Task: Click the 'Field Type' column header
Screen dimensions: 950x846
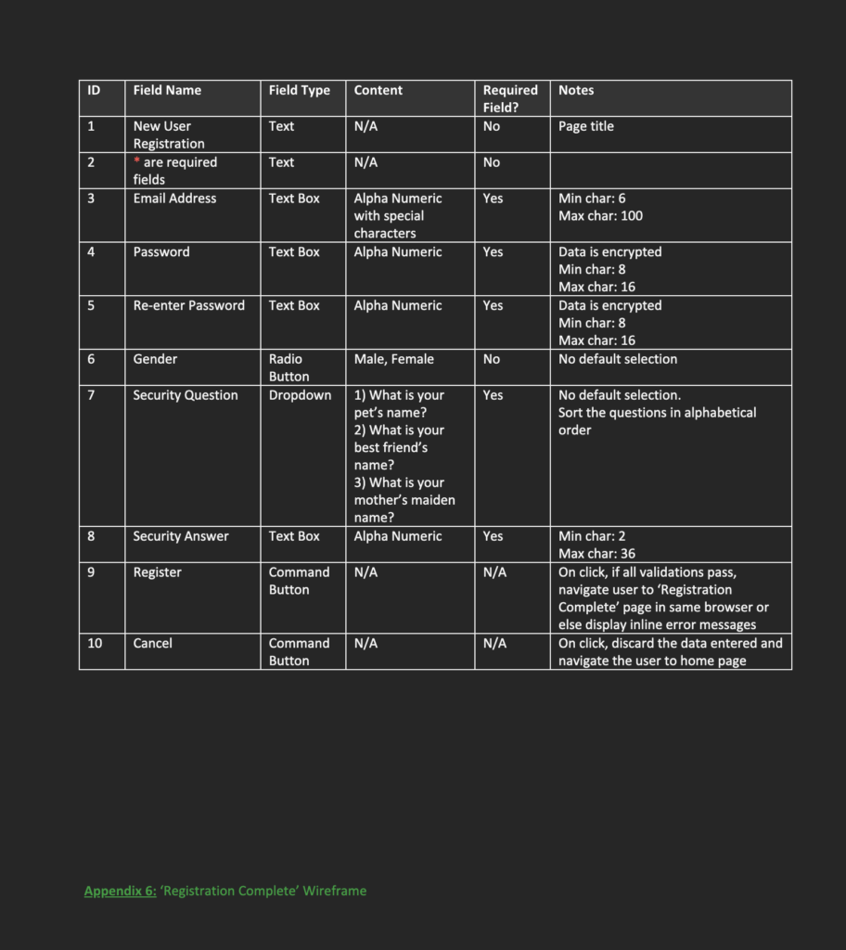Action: (299, 90)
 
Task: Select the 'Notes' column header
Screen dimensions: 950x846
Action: (576, 90)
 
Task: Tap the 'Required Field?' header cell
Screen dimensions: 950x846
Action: (510, 98)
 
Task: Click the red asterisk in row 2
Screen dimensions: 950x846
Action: (136, 162)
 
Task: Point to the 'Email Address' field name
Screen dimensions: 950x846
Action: (174, 199)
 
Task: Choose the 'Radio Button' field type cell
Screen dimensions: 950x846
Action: (287, 367)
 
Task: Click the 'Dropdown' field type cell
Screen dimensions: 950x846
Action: (300, 395)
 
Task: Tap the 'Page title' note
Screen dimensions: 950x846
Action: (585, 126)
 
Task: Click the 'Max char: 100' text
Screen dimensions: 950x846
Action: (600, 216)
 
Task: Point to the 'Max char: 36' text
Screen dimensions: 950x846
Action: (596, 554)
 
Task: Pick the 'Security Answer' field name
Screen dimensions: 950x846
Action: (180, 536)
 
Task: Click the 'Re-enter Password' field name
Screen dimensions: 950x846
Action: (188, 305)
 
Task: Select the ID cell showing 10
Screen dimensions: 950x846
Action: (95, 643)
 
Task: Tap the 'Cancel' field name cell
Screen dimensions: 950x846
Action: (152, 643)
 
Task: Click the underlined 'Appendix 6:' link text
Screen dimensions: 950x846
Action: (120, 891)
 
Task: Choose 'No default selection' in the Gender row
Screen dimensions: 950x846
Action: (618, 359)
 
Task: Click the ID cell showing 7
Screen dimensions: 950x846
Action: (91, 395)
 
